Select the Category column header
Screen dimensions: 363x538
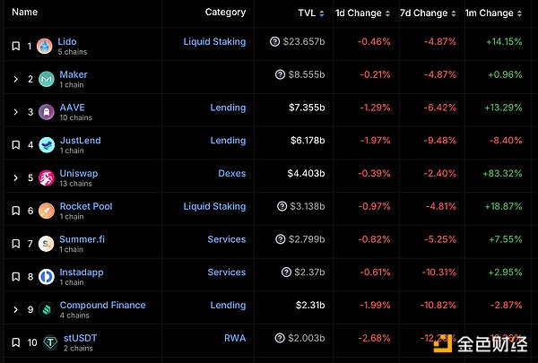point(225,13)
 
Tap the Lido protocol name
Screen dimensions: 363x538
point(67,41)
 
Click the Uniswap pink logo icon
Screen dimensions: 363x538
point(45,177)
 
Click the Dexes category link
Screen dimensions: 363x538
point(231,173)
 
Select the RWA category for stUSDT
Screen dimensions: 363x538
point(235,338)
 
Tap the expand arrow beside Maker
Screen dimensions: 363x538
point(15,79)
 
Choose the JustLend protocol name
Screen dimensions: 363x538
point(80,140)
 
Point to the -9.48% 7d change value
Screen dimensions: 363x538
point(429,141)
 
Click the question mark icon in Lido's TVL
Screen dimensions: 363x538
point(274,42)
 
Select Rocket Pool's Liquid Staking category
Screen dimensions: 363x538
point(214,206)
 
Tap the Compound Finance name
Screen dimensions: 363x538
point(102,305)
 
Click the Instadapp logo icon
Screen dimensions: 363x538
point(45,276)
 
